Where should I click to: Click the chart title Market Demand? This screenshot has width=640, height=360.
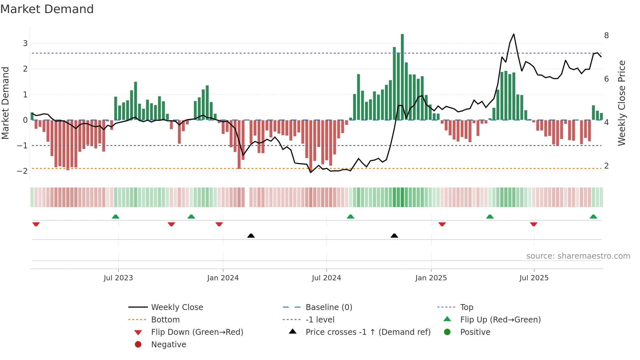point(47,9)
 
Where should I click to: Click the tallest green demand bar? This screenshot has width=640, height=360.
point(402,77)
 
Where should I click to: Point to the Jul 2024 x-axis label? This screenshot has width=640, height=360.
point(326,278)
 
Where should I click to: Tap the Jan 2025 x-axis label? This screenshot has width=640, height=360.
point(431,278)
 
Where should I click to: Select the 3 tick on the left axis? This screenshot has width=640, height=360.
point(25,43)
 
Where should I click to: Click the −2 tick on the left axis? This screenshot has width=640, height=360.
point(23,171)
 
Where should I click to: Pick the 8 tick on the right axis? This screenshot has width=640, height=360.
point(606,36)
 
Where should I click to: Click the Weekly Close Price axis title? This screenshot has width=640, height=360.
point(622,103)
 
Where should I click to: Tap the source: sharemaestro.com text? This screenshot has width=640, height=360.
point(578,256)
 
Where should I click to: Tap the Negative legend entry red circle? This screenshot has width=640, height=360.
point(138,345)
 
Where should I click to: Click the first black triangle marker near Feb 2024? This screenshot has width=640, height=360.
point(251,236)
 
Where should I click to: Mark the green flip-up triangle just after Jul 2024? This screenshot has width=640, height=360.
point(350,217)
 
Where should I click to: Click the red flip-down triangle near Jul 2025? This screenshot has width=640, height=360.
point(534,224)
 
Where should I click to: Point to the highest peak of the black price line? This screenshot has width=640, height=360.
point(514,34)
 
